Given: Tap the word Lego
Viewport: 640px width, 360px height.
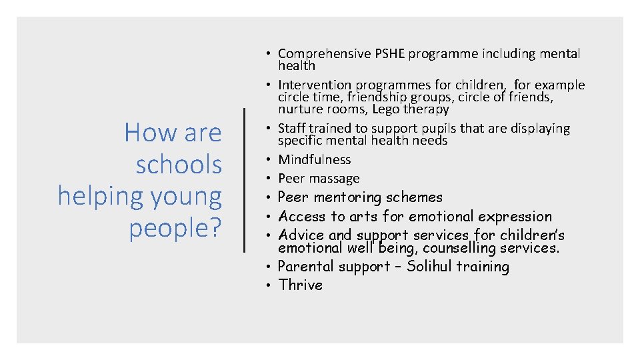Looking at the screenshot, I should pyautogui.click(x=387, y=109).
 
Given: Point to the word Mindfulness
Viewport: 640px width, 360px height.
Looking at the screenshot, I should pyautogui.click(x=314, y=159).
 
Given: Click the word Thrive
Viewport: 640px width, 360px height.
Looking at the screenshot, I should pyautogui.click(x=300, y=285).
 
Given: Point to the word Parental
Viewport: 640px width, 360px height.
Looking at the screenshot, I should pyautogui.click(x=306, y=267).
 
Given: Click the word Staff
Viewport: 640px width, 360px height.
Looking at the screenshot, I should pyautogui.click(x=293, y=128).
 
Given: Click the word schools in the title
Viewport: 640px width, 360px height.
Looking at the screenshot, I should pyautogui.click(x=179, y=164).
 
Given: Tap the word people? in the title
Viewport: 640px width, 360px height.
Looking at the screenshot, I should pyautogui.click(x=175, y=228).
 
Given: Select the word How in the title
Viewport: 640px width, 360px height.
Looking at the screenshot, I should pyautogui.click(x=143, y=133).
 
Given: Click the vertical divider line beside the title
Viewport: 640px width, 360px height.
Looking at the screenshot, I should pyautogui.click(x=245, y=180).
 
